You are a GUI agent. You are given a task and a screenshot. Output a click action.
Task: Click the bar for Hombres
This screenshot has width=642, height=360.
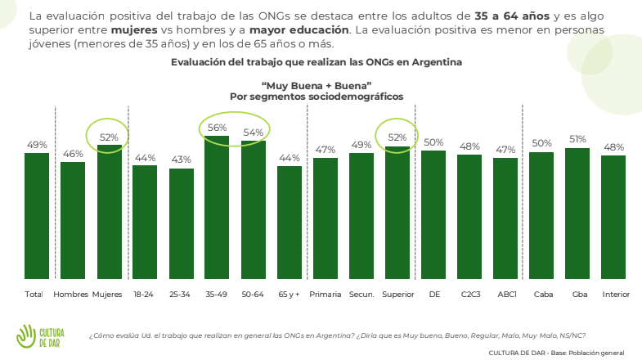click(73, 220)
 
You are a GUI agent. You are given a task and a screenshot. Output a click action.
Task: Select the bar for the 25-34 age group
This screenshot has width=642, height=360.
click(182, 223)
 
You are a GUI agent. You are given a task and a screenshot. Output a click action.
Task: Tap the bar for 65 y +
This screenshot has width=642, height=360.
click(290, 222)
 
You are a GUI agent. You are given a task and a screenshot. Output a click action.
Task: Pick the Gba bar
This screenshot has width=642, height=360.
click(577, 213)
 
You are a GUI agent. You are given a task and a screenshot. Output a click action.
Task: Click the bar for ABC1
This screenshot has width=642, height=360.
click(505, 218)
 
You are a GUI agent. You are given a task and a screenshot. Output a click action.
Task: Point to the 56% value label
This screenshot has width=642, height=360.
click(217, 128)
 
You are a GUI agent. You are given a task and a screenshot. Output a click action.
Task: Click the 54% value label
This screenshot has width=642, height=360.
click(253, 133)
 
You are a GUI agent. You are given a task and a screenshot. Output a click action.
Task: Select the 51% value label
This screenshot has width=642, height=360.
click(577, 139)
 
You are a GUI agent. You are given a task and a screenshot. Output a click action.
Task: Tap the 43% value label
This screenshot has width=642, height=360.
click(182, 160)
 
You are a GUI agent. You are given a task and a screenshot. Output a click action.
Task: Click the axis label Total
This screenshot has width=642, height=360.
click(34, 294)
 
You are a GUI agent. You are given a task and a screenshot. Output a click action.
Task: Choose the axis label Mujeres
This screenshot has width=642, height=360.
click(107, 294)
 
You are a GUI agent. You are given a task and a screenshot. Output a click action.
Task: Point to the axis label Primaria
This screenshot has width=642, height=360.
click(325, 294)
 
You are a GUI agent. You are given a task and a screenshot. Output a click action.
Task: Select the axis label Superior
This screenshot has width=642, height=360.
click(397, 294)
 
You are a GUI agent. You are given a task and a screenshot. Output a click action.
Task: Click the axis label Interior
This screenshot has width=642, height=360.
click(614, 294)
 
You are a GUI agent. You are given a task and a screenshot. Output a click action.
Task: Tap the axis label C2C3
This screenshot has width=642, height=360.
click(469, 294)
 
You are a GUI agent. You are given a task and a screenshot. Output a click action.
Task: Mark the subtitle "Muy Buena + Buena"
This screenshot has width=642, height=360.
click(317, 85)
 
